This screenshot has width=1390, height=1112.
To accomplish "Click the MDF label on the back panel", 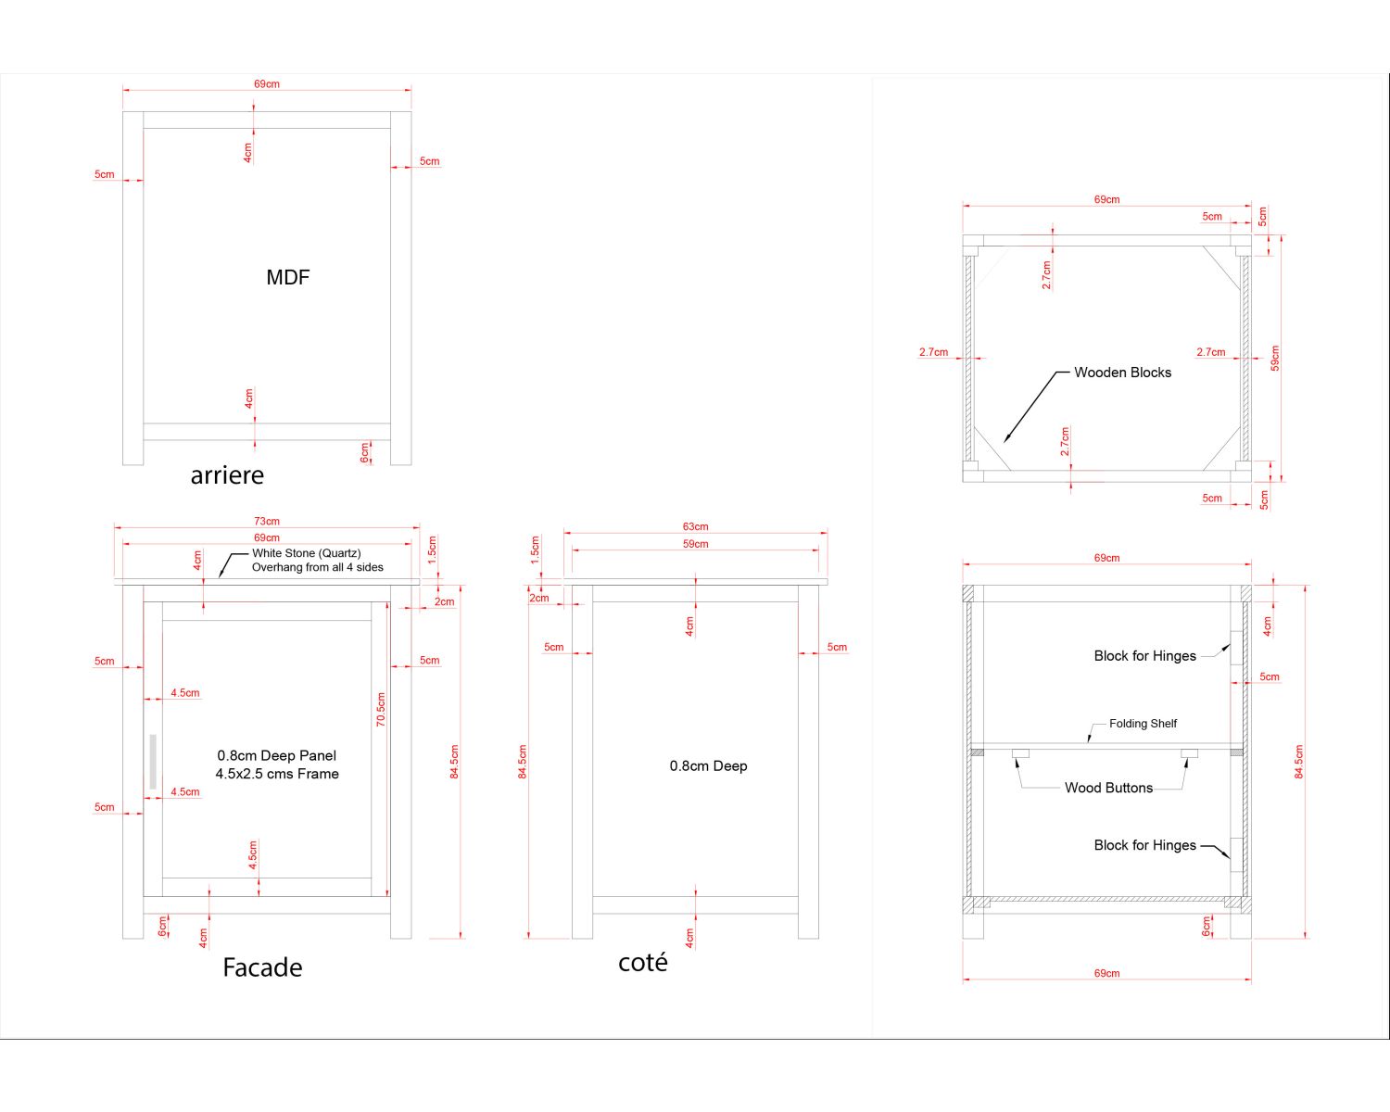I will [287, 277].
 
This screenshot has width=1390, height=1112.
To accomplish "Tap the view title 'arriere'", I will [227, 475].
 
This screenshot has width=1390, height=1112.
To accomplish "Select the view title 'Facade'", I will [262, 967].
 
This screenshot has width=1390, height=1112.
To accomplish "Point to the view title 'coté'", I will [642, 963].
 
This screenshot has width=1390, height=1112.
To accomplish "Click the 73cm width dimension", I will [267, 522].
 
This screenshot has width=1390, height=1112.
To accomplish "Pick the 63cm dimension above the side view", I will [695, 527].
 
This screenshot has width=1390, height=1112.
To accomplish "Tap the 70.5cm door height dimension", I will [381, 710].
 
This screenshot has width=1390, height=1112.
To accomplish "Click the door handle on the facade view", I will [153, 762].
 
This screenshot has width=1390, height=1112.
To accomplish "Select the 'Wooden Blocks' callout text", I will [1122, 373].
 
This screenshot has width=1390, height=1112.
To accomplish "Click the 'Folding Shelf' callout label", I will [1143, 724].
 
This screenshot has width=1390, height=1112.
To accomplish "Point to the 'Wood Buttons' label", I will [1108, 788].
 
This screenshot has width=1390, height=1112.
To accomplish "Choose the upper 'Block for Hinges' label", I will [1144, 656].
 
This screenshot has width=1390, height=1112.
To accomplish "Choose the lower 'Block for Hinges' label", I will [1144, 845].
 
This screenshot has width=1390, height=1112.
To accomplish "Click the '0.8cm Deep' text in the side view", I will [708, 766].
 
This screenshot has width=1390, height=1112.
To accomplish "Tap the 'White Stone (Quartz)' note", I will [307, 553].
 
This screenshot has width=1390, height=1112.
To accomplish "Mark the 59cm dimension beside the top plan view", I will [1275, 358].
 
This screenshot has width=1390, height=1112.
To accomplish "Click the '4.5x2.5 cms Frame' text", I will [277, 774].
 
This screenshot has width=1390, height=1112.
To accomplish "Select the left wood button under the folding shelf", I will [1020, 753].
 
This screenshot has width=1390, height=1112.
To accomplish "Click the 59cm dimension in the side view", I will [695, 544].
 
